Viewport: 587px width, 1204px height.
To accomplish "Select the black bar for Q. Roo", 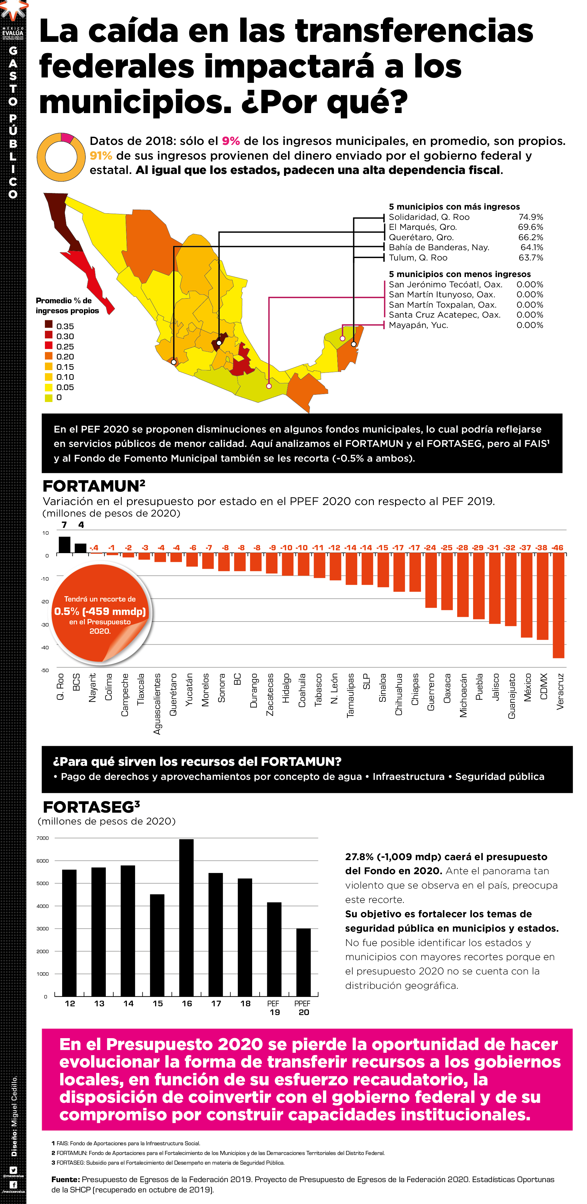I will coord(65,545).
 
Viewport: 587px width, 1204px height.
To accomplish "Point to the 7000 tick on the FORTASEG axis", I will coord(42,838).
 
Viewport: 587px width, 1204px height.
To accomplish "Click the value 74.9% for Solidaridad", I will coord(531,217).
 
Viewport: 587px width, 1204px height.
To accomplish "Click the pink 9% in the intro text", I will coord(231,141).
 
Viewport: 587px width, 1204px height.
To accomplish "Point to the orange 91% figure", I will coord(101,156).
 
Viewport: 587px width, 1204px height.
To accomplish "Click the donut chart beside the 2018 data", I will coord(61,157).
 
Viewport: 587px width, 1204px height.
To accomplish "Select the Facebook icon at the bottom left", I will coord(13,1184).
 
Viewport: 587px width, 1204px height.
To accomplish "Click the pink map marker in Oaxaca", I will coord(269,386).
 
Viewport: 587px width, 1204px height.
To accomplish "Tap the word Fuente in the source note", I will coord(65,1179).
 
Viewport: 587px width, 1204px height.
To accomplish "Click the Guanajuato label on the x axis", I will coord(511,696).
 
